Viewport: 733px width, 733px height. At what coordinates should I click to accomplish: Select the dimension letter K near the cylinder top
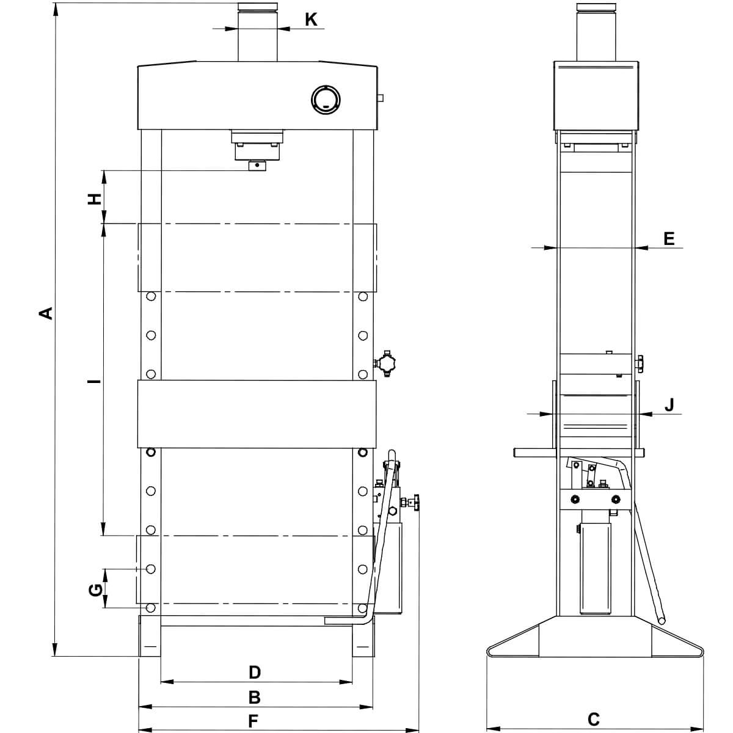click(x=311, y=20)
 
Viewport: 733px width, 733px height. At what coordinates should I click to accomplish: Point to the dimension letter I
click(x=93, y=382)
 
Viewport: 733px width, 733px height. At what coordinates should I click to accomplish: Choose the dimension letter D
click(x=255, y=673)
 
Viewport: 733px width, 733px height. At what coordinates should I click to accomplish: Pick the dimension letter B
click(x=254, y=698)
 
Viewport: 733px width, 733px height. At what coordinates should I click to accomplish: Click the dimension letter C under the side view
click(x=593, y=719)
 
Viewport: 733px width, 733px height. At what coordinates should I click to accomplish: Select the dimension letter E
click(x=669, y=238)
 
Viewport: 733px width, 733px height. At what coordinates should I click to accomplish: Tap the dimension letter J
click(x=670, y=405)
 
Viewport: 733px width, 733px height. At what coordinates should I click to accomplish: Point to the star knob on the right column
click(x=386, y=363)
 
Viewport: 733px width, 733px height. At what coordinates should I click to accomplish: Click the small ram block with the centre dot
click(x=258, y=166)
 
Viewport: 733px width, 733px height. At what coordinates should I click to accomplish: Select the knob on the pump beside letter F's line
click(x=415, y=503)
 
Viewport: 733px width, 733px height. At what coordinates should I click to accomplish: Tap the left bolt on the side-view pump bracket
click(x=575, y=500)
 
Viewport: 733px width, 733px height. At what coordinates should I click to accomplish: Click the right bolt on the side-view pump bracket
click(x=615, y=500)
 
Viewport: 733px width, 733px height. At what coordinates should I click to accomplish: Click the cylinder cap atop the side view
click(x=596, y=7)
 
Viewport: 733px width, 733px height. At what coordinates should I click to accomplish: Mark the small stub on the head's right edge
click(x=380, y=98)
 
